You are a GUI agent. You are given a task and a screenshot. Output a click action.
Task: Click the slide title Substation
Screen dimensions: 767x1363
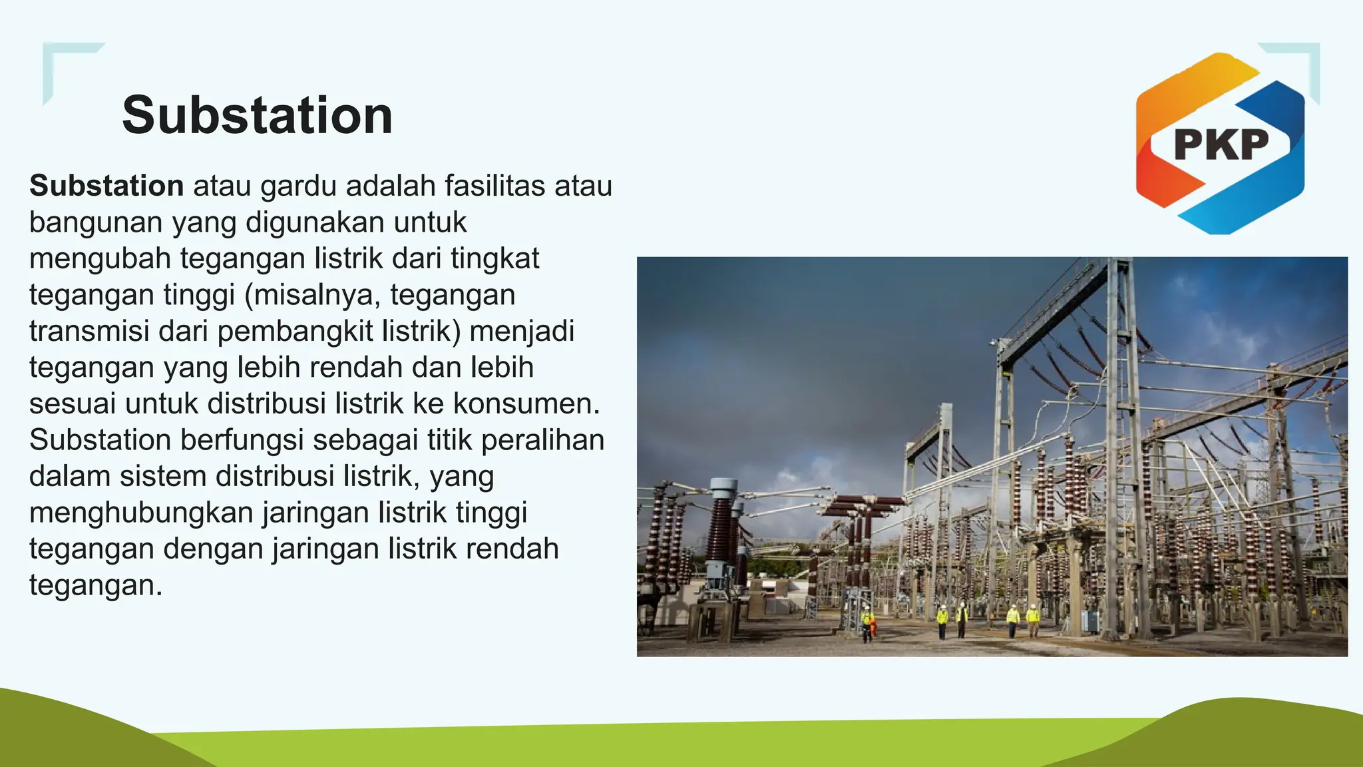coord(257,115)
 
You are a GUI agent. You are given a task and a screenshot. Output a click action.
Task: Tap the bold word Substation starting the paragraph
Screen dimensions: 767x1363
coord(106,186)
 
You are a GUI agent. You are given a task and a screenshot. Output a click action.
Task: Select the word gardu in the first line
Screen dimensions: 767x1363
coord(298,186)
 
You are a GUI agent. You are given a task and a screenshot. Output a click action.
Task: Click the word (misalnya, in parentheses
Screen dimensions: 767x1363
coord(312,295)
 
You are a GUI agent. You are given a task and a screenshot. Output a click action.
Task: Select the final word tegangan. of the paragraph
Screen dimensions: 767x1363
coord(96,585)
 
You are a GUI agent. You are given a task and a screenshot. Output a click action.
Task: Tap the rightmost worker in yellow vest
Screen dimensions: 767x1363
coord(1032,621)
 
